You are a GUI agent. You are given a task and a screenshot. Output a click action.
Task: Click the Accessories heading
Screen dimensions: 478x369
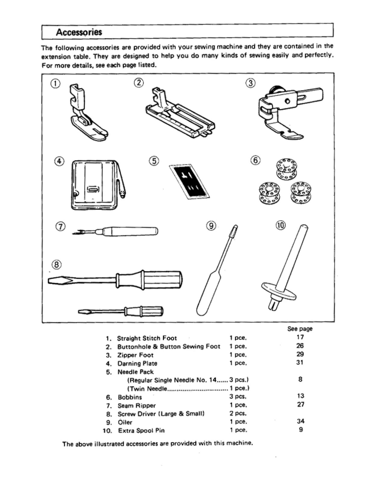(x=79, y=32)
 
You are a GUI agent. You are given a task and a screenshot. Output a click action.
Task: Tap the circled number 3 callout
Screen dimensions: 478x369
(x=251, y=83)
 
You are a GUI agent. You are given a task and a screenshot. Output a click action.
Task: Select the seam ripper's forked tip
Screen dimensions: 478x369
(x=76, y=232)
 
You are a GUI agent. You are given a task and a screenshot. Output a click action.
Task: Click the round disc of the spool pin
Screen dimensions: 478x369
(x=279, y=291)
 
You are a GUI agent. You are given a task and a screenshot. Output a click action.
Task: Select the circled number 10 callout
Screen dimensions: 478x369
(x=281, y=225)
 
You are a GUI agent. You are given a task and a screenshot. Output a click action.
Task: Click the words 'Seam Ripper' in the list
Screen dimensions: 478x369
(x=137, y=406)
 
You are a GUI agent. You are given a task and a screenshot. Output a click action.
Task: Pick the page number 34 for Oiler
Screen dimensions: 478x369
(x=300, y=421)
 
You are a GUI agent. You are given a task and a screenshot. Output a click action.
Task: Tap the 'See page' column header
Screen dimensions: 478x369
(x=300, y=329)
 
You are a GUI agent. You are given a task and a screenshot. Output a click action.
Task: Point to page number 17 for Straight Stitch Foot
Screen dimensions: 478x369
(x=300, y=337)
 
